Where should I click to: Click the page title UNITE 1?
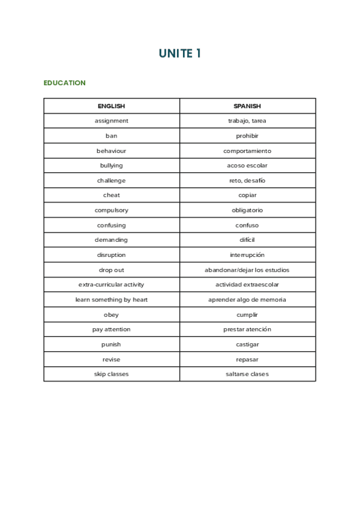(x=179, y=53)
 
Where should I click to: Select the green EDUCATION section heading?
(x=64, y=83)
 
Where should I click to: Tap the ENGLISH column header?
(x=111, y=106)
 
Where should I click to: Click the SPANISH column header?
(x=247, y=106)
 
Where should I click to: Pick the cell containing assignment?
(x=111, y=121)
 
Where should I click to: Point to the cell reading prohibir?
(x=247, y=136)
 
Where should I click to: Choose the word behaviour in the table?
(x=111, y=151)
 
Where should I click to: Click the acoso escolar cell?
(x=247, y=166)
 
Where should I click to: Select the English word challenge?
(x=111, y=181)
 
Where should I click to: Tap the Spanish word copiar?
(x=247, y=195)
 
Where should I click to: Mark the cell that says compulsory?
(x=111, y=210)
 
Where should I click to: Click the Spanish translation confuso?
(x=247, y=225)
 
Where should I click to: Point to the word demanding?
(x=111, y=240)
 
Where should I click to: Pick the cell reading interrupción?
(x=247, y=255)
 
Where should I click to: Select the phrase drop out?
(x=111, y=270)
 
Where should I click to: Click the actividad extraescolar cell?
(x=247, y=285)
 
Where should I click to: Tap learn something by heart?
(x=111, y=300)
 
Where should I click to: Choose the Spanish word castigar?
(x=247, y=345)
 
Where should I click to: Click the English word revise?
(x=111, y=359)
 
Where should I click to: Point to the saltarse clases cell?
(x=247, y=374)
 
